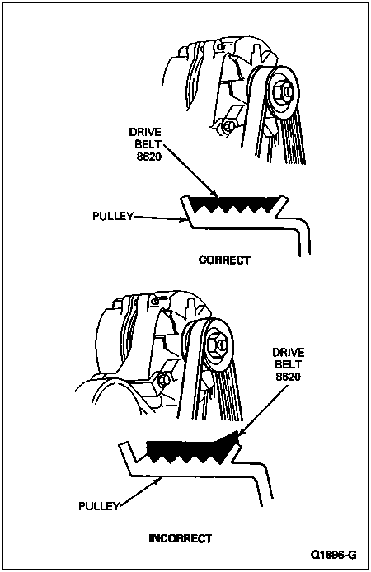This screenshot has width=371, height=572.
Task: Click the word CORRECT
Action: point(224,260)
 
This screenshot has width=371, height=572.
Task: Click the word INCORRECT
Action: point(181,538)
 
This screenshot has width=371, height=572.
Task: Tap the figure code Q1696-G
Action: point(333,555)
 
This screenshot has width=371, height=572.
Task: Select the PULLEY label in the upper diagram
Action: point(113,216)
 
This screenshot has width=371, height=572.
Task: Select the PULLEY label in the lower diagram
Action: point(99,506)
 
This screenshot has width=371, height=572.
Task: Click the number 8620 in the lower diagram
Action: point(289,376)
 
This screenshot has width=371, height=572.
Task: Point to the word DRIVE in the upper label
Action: point(145,132)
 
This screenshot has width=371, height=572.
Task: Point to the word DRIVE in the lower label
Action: point(289,353)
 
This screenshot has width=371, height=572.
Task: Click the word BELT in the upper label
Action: point(148,144)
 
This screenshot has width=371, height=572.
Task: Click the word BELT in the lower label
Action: point(289,364)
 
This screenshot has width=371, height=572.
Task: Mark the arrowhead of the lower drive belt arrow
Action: point(241,433)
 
